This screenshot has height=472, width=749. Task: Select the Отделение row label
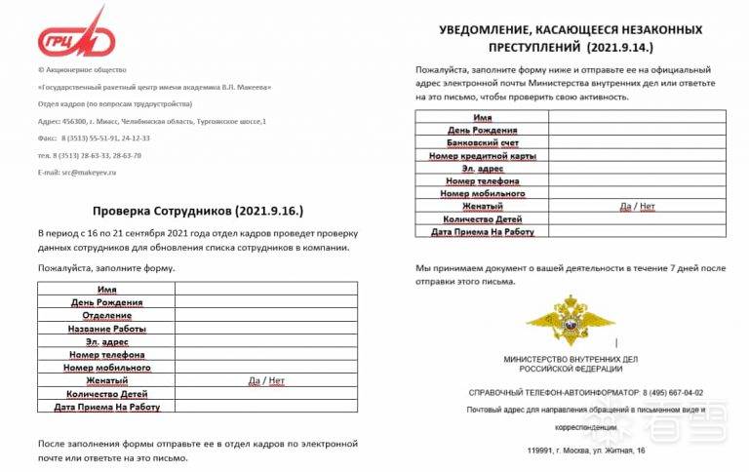(x=107, y=316)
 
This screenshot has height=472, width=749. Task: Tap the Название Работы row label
(x=107, y=329)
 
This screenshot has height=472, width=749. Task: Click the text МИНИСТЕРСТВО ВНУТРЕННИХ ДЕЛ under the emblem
(x=570, y=360)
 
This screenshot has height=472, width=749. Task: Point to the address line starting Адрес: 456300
(x=152, y=121)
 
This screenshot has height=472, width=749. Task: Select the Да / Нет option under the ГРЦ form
(x=266, y=380)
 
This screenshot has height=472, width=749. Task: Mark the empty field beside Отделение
(x=266, y=316)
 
